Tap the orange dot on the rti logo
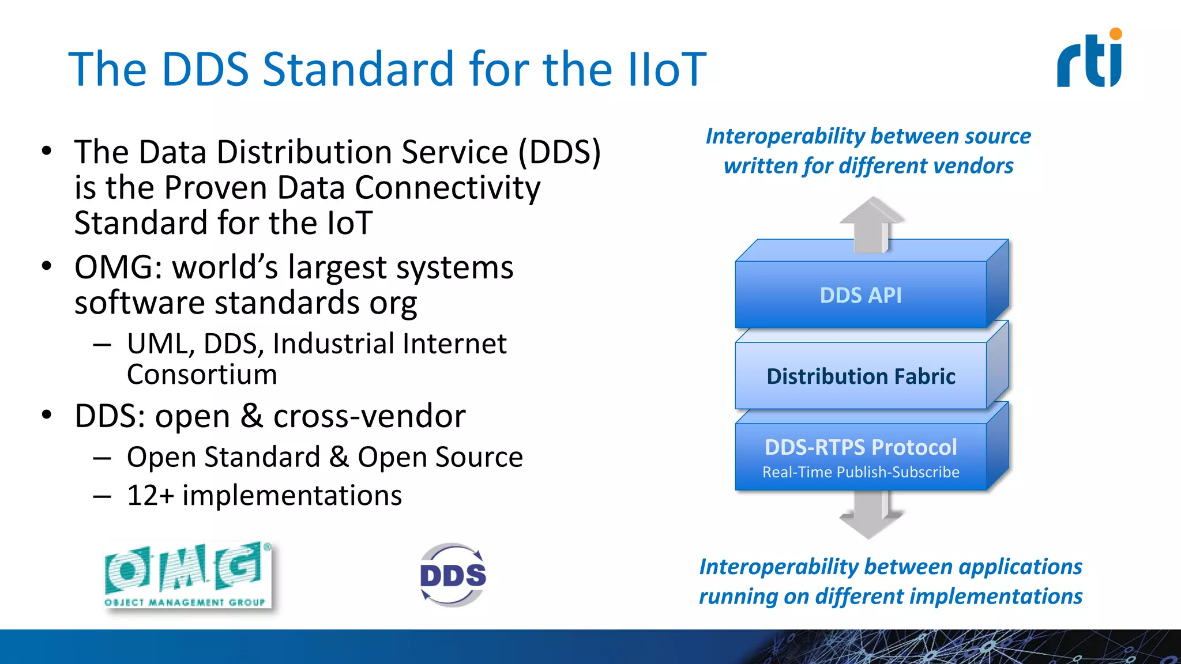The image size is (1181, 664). pyautogui.click(x=1116, y=34)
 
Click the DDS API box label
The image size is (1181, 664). pyautogui.click(x=860, y=295)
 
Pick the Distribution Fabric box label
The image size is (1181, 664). pyautogui.click(x=860, y=376)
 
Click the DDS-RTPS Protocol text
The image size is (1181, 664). pyautogui.click(x=860, y=447)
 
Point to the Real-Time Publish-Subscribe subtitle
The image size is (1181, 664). pyautogui.click(x=860, y=472)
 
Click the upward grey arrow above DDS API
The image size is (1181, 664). pyautogui.click(x=871, y=225)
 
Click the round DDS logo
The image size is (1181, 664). pyautogui.click(x=453, y=575)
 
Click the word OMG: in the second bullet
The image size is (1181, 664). pyautogui.click(x=118, y=268)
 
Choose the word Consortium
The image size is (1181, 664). pyautogui.click(x=202, y=375)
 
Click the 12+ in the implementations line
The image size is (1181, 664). pyautogui.click(x=150, y=496)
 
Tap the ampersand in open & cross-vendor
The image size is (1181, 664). pyautogui.click(x=251, y=416)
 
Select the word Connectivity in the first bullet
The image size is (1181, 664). pyautogui.click(x=447, y=188)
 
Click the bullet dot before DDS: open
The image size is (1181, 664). pyautogui.click(x=47, y=415)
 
